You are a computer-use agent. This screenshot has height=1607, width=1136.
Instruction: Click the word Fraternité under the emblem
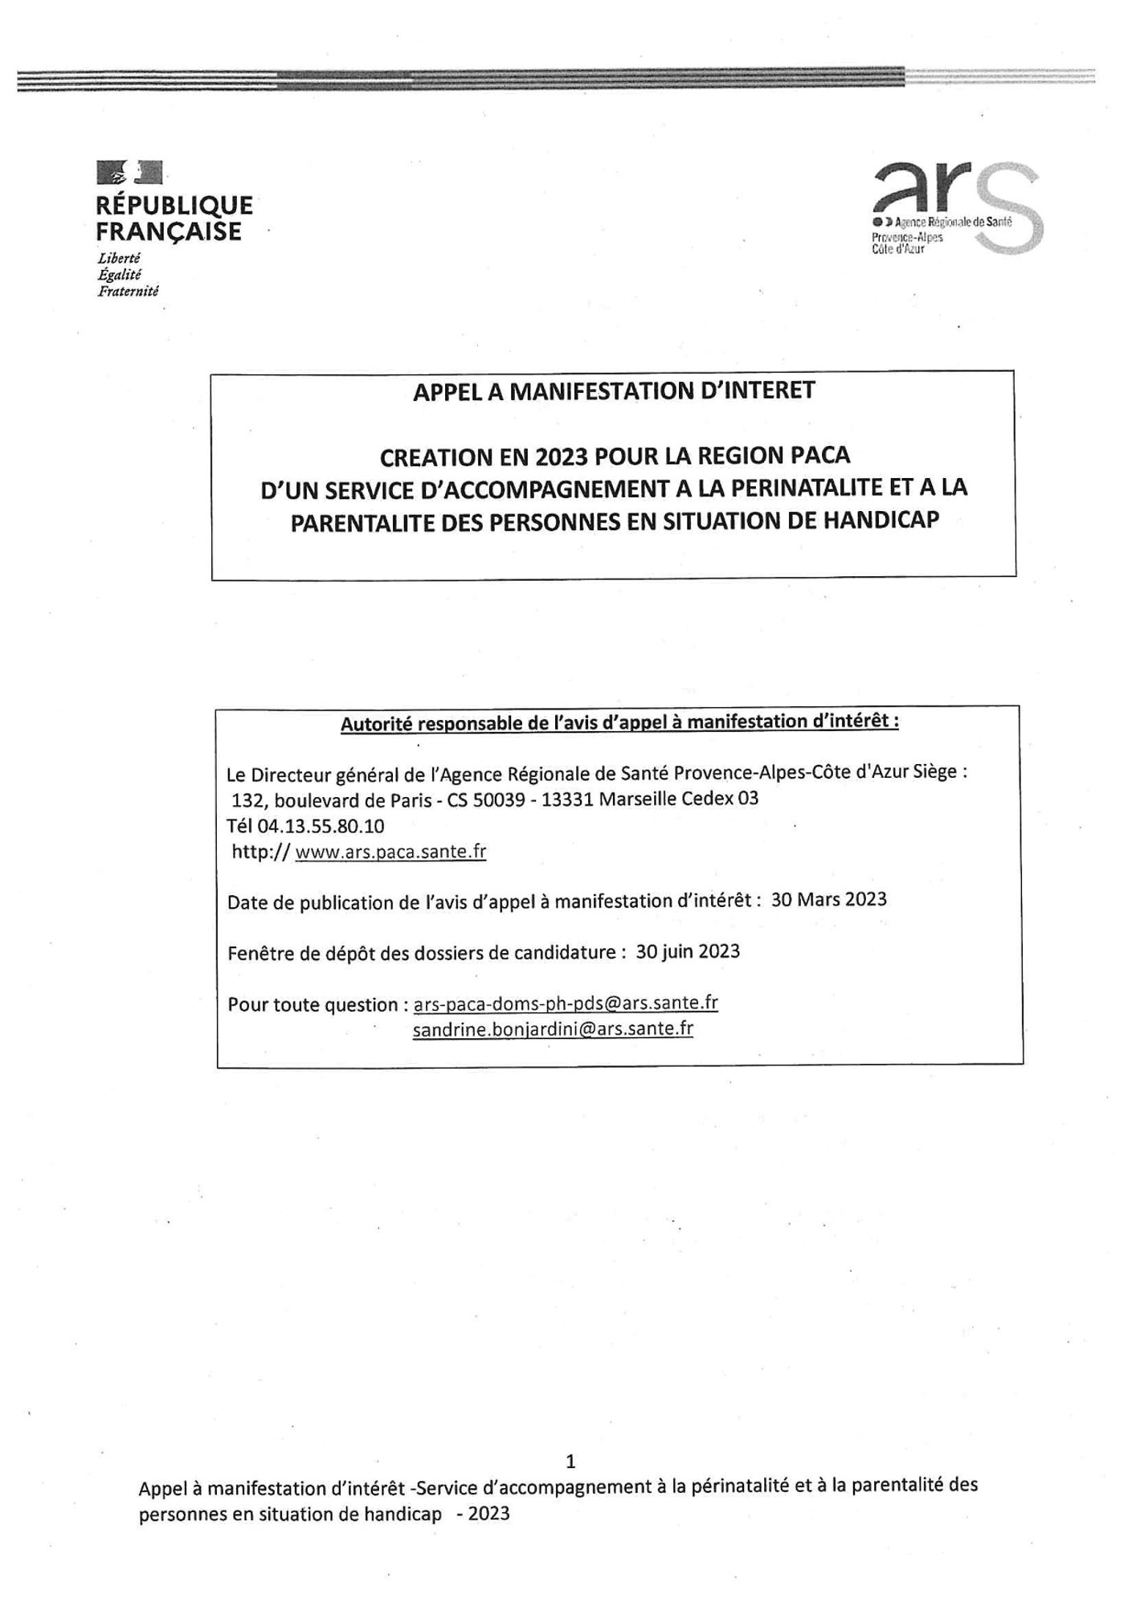(x=128, y=292)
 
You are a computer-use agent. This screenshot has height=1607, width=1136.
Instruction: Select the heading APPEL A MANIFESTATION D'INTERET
(x=613, y=391)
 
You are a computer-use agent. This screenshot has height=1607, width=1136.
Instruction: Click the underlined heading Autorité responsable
(x=619, y=722)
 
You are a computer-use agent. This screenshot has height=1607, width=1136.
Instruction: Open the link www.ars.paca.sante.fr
(x=390, y=852)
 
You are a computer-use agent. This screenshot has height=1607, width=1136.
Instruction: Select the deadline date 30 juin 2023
(x=688, y=951)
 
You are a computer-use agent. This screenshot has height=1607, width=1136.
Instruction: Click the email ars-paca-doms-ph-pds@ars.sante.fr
(x=565, y=1003)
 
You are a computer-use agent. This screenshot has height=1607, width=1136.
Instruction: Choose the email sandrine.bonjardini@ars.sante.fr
(x=553, y=1029)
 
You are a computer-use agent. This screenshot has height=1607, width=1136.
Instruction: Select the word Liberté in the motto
(x=119, y=259)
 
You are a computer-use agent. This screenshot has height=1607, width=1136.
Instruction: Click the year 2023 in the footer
(x=488, y=1514)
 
